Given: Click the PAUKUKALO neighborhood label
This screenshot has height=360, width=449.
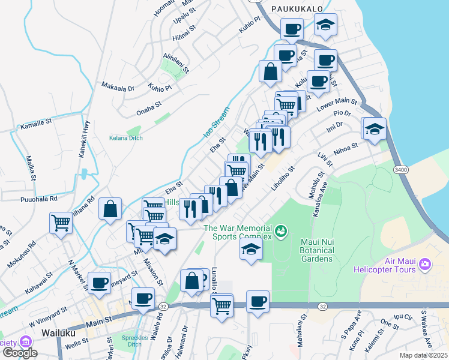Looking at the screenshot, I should (297, 8).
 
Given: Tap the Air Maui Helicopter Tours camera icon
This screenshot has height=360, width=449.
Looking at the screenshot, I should (426, 264).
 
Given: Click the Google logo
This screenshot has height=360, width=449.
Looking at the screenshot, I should (19, 353).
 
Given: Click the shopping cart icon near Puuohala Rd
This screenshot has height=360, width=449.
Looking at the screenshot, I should (61, 223).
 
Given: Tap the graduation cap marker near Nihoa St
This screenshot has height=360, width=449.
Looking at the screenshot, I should (374, 128).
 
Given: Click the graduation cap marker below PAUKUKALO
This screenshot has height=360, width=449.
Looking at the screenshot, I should (325, 25).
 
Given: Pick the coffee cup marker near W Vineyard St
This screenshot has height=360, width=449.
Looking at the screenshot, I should (99, 283).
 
